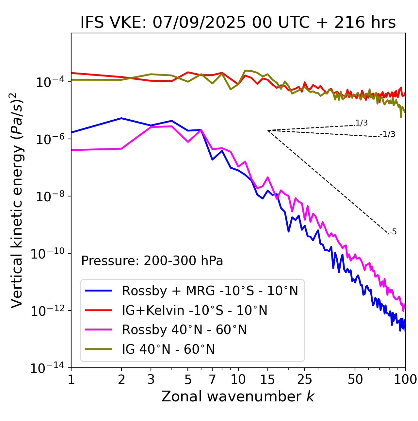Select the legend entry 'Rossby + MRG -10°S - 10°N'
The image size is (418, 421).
click(210, 291)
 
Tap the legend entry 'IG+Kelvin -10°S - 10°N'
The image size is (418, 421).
click(195, 310)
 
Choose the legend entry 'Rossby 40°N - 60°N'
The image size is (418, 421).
click(184, 330)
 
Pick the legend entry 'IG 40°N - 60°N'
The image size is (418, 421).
click(168, 349)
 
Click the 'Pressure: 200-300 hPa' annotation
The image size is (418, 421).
click(152, 261)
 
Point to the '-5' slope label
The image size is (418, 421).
click(393, 232)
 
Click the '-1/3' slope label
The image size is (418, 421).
click(388, 134)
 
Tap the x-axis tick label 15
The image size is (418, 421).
click(267, 379)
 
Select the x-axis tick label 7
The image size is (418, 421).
click(212, 379)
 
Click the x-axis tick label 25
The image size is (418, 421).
click(305, 379)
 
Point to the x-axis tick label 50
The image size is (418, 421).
click(355, 379)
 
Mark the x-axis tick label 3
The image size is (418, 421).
click(151, 379)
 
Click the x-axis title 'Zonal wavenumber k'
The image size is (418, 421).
click(238, 396)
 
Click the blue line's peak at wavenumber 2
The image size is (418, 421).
click(121, 118)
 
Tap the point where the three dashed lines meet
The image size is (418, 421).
click(268, 130)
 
